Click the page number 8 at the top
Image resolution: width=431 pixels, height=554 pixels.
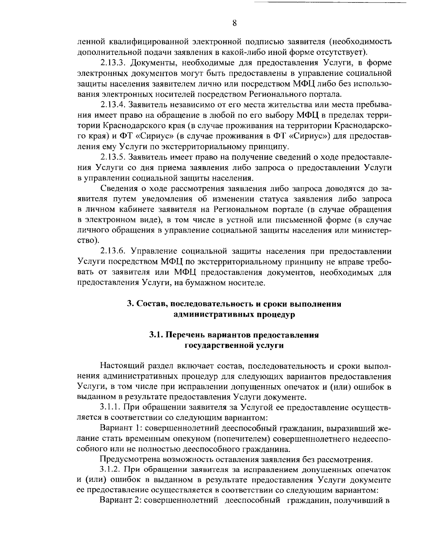coord(234,23)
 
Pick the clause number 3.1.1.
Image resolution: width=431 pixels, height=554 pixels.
coord(111,407)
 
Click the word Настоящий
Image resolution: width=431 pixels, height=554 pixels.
coord(121,366)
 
